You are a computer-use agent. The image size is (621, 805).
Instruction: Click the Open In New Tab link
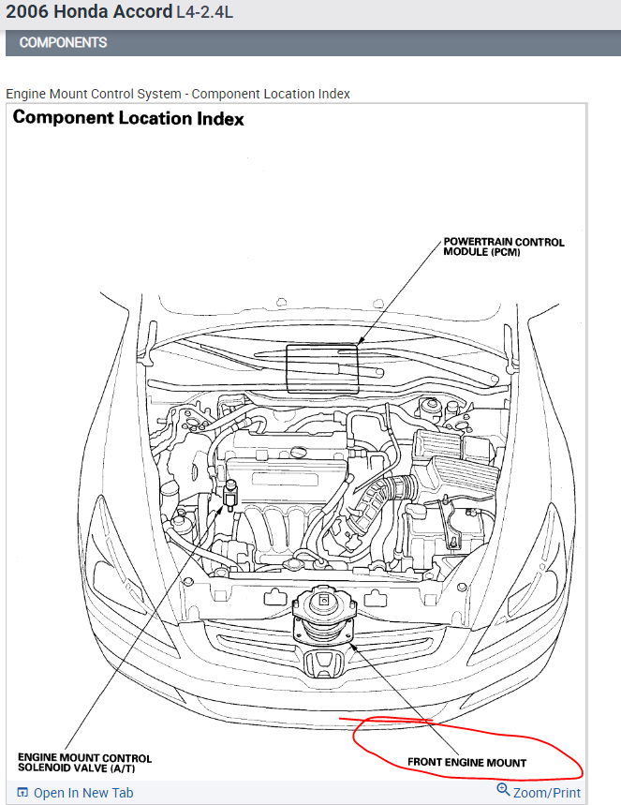[83, 793]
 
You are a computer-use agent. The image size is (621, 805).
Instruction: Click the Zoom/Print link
[547, 793]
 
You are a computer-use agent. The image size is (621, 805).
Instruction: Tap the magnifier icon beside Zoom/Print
[503, 791]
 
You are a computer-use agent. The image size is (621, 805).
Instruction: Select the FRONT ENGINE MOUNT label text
[466, 762]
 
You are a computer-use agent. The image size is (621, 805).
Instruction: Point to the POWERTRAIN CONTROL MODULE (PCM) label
[504, 247]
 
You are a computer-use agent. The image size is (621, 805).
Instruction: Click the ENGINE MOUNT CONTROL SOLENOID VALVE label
[84, 763]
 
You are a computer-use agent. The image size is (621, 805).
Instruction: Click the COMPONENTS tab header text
[63, 43]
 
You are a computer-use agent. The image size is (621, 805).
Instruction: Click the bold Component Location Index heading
[128, 119]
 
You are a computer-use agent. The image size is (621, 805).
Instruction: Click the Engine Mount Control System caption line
[178, 94]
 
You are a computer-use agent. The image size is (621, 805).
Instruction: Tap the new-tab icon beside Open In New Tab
[22, 793]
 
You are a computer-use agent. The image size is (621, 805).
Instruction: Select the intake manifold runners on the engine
[281, 525]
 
